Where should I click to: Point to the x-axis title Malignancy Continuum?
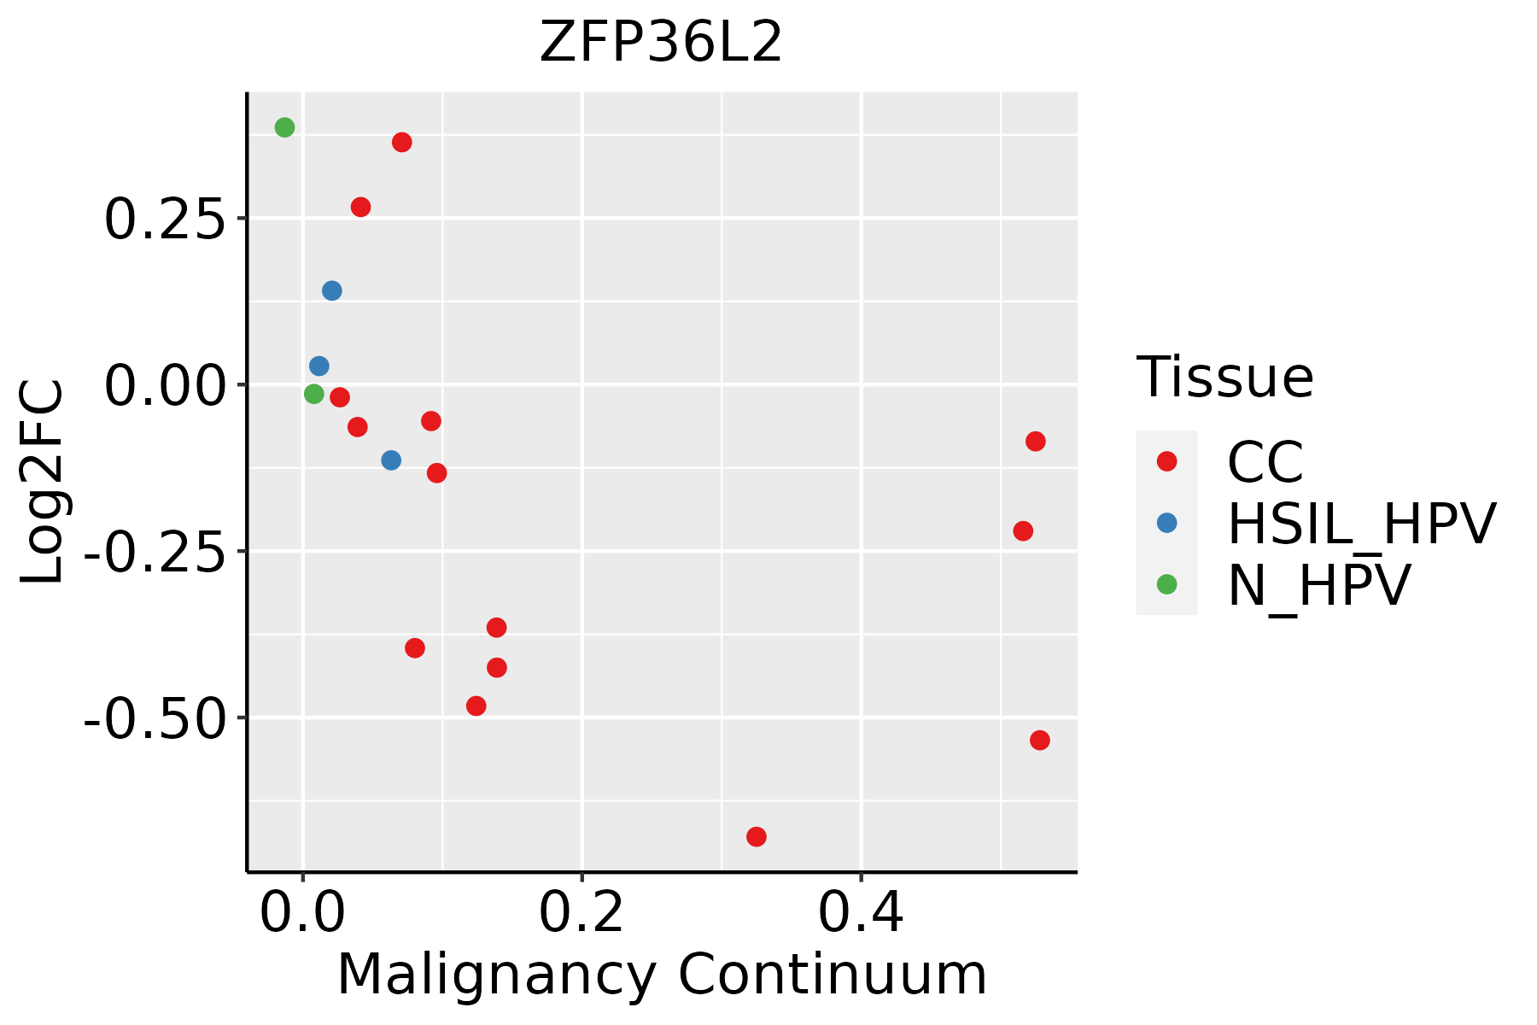click(662, 975)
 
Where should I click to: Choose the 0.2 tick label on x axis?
click(581, 914)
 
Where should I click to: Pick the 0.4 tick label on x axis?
click(861, 914)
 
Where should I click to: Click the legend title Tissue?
click(1224, 377)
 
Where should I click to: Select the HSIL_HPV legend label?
click(1361, 524)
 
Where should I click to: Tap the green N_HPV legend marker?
click(1166, 584)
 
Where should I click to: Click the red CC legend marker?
click(1166, 461)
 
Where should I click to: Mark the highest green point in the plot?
click(285, 127)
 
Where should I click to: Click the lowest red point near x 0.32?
click(757, 836)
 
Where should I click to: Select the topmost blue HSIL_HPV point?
click(332, 290)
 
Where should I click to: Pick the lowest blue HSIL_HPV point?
click(391, 460)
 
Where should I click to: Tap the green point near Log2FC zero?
click(314, 394)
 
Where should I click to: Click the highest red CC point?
click(402, 142)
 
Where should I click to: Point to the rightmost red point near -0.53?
click(1039, 740)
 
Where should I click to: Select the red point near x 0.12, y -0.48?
click(476, 706)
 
